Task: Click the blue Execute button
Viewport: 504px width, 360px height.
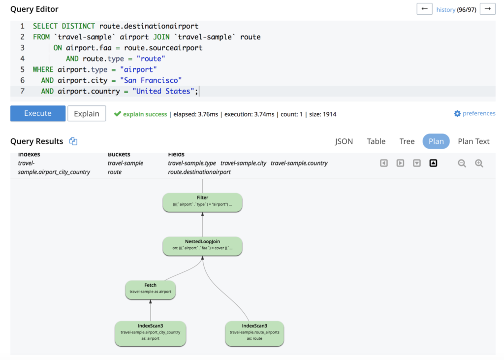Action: coord(38,113)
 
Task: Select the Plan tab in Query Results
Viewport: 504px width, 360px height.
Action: coord(436,141)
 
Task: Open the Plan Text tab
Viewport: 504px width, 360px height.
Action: coord(473,141)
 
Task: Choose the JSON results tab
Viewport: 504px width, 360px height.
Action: coord(344,141)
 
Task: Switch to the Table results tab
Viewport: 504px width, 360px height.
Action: coord(376,141)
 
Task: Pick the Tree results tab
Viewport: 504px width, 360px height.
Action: coord(407,141)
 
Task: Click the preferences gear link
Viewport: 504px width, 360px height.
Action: coord(474,113)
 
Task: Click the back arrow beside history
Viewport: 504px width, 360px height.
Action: coord(424,9)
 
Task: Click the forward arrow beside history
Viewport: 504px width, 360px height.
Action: coord(487,9)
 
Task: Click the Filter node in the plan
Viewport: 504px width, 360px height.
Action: coord(202,202)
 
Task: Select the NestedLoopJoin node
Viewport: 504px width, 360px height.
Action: coord(202,246)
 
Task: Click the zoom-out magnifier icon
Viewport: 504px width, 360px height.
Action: coord(462,164)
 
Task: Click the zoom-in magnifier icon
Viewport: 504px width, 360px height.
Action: coord(479,164)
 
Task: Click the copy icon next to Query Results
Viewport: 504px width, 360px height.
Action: coord(73,141)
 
